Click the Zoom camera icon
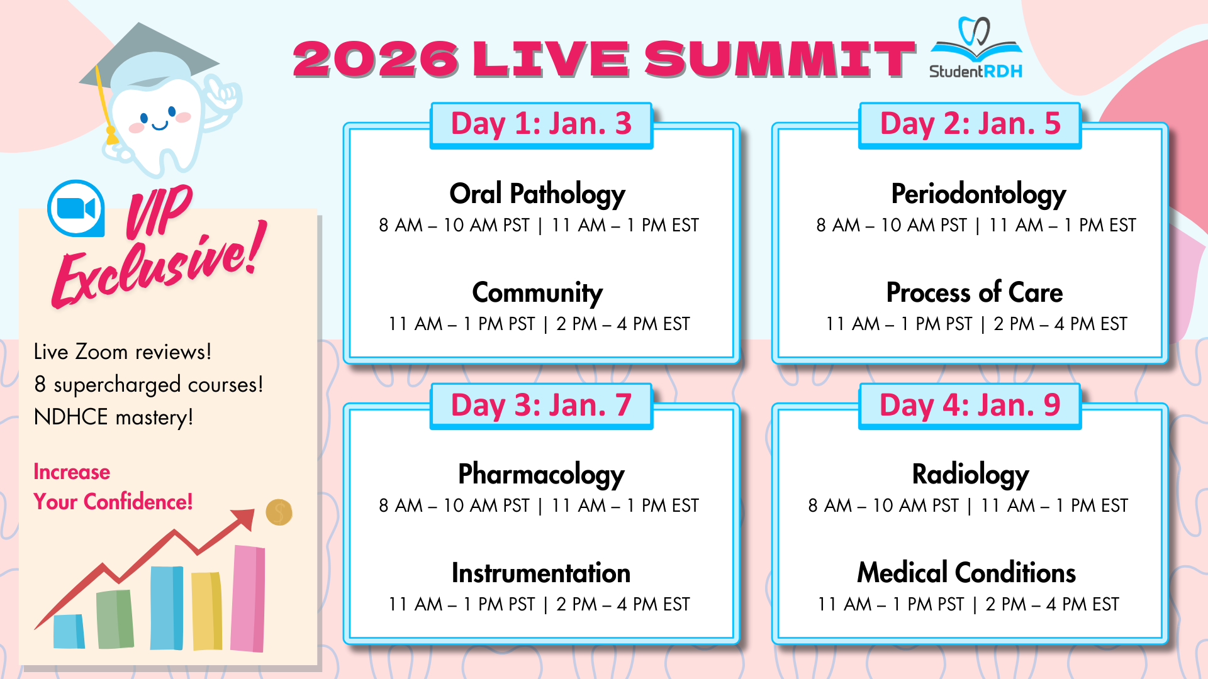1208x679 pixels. [x=76, y=208]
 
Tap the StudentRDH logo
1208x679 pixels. [x=976, y=48]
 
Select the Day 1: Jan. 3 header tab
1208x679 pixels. [x=541, y=124]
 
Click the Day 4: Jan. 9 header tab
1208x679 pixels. [x=970, y=406]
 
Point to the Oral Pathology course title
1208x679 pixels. [x=537, y=194]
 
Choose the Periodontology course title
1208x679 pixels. [x=978, y=194]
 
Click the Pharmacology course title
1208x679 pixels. [x=541, y=474]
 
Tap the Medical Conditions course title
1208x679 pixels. [x=966, y=573]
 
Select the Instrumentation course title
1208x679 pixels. [x=541, y=573]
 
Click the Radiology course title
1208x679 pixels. [x=970, y=474]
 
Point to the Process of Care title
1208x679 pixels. [x=975, y=292]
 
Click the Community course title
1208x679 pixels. [x=537, y=293]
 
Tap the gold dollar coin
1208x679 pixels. [x=279, y=512]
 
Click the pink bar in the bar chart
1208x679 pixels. [x=248, y=599]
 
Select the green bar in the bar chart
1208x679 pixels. [x=115, y=619]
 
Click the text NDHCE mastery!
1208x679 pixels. [x=113, y=417]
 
